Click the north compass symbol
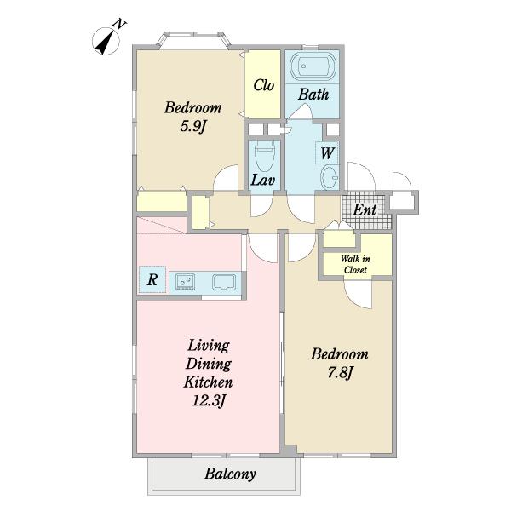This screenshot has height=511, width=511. pyautogui.click(x=106, y=40)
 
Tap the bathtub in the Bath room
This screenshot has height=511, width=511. pyautogui.click(x=313, y=66)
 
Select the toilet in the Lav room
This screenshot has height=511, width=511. pyautogui.click(x=264, y=156)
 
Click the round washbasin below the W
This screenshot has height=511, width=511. pyautogui.click(x=330, y=177)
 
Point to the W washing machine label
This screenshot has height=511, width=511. pyautogui.click(x=328, y=152)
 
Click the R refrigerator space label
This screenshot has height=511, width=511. pyautogui.click(x=152, y=279)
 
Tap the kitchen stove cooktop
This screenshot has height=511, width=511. pyautogui.click(x=185, y=282)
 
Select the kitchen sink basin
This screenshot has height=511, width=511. pyautogui.click(x=224, y=282)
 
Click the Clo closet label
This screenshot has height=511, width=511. pyautogui.click(x=264, y=85)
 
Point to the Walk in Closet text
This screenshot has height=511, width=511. pyautogui.click(x=355, y=264)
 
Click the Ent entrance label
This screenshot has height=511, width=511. pyautogui.click(x=365, y=210)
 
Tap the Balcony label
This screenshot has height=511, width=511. pyautogui.click(x=230, y=474)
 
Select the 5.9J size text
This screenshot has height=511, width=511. pyautogui.click(x=193, y=126)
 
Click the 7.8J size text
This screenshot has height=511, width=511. pyautogui.click(x=340, y=372)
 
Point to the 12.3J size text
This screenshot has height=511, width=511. pyautogui.click(x=209, y=400)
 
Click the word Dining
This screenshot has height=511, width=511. pyautogui.click(x=209, y=364)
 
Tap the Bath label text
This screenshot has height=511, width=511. pyautogui.click(x=313, y=95)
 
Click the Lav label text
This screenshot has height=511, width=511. pyautogui.click(x=262, y=180)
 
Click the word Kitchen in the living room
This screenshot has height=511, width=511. pyautogui.click(x=209, y=382)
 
